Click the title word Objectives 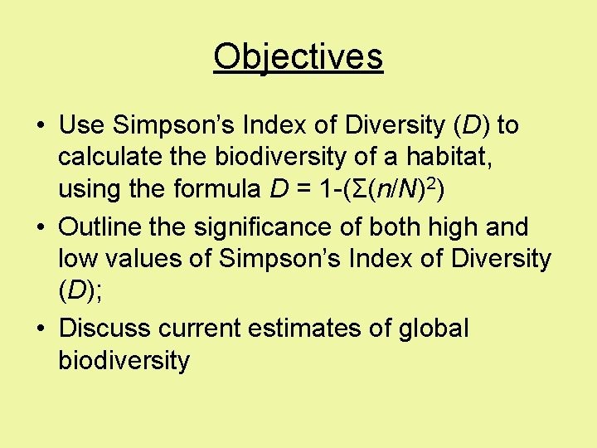coord(298,57)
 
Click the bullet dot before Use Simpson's coord(40,127)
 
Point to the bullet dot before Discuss coord(40,329)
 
